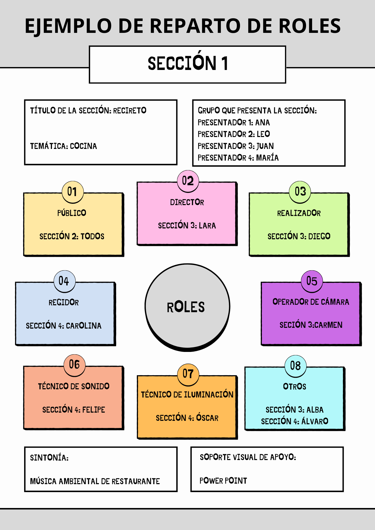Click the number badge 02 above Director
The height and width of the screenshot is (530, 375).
[188, 181]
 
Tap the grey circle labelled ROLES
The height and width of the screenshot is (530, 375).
[187, 307]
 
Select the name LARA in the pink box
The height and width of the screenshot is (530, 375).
[207, 226]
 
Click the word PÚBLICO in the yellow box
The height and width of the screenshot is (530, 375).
[72, 213]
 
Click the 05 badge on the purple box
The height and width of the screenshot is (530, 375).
[312, 281]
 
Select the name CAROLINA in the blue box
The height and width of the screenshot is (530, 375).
[84, 326]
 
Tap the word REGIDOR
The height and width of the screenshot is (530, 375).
[64, 302]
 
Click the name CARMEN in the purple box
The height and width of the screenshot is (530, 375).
[328, 325]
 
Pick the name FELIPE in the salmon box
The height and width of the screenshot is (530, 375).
[93, 410]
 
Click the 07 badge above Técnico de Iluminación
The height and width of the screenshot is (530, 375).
[188, 374]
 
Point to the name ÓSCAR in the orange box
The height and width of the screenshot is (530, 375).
[207, 418]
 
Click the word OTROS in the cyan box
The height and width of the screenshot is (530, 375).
[294, 386]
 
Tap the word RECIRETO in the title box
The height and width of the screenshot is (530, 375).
[129, 110]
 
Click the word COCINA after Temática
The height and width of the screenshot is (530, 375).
[83, 146]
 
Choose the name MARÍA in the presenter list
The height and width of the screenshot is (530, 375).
[267, 158]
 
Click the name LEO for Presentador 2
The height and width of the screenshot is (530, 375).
[263, 134]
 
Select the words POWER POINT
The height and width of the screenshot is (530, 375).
[223, 480]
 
